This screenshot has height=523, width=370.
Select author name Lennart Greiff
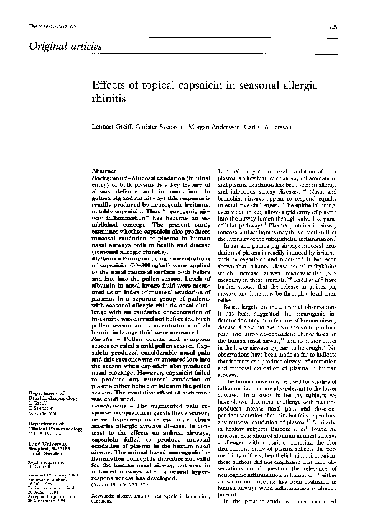coord(113,127)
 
